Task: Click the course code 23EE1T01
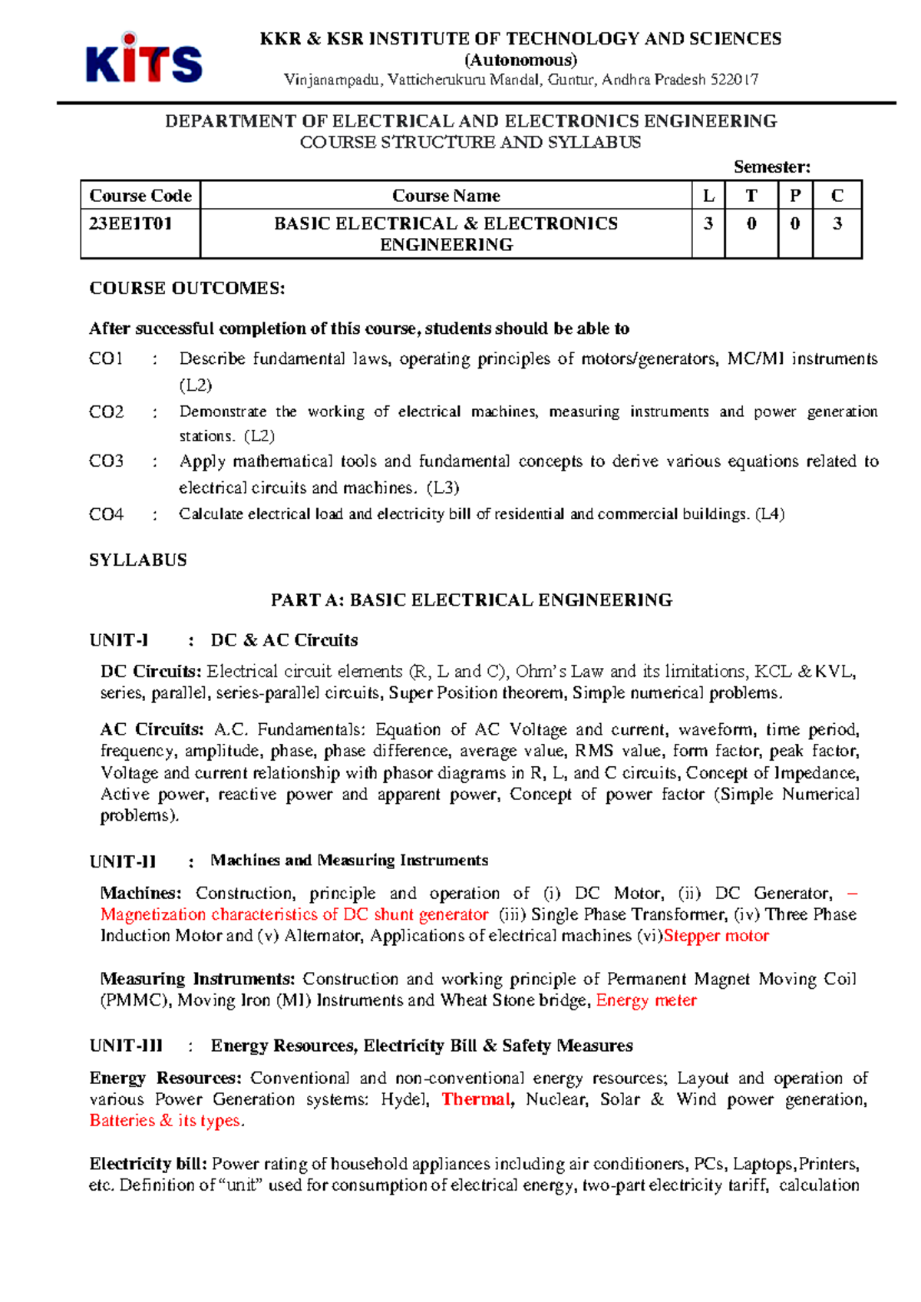click(x=130, y=223)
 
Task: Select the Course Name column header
click(x=446, y=196)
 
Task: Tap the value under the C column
click(x=837, y=223)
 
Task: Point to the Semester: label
click(x=771, y=167)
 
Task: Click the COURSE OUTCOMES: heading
click(x=187, y=289)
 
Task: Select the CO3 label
click(x=106, y=461)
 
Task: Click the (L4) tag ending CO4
click(x=770, y=514)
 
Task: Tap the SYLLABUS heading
click(x=138, y=560)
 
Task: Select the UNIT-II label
click(x=123, y=861)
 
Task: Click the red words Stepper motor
click(x=716, y=936)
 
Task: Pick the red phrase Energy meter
click(x=646, y=1000)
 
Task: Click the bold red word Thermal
click(x=476, y=1099)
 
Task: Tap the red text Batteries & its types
click(x=167, y=1121)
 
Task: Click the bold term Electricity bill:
click(x=148, y=1164)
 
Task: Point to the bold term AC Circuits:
click(x=151, y=729)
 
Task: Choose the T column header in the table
click(x=751, y=196)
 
